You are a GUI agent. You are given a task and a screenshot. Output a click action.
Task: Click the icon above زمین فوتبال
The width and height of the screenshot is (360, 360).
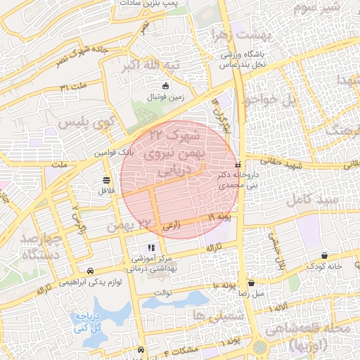165,86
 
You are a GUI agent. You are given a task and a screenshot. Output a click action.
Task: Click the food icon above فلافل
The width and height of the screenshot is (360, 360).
106,179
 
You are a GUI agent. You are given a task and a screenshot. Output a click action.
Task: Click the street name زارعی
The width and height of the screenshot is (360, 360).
172,227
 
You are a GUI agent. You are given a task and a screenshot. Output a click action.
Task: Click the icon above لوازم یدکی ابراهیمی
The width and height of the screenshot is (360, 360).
90,271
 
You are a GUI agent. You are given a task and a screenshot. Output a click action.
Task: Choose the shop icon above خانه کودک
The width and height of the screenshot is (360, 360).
324,256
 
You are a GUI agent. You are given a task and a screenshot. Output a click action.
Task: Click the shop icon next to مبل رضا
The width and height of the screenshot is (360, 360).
251,283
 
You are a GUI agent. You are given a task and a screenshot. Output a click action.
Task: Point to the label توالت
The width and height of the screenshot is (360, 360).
162,292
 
